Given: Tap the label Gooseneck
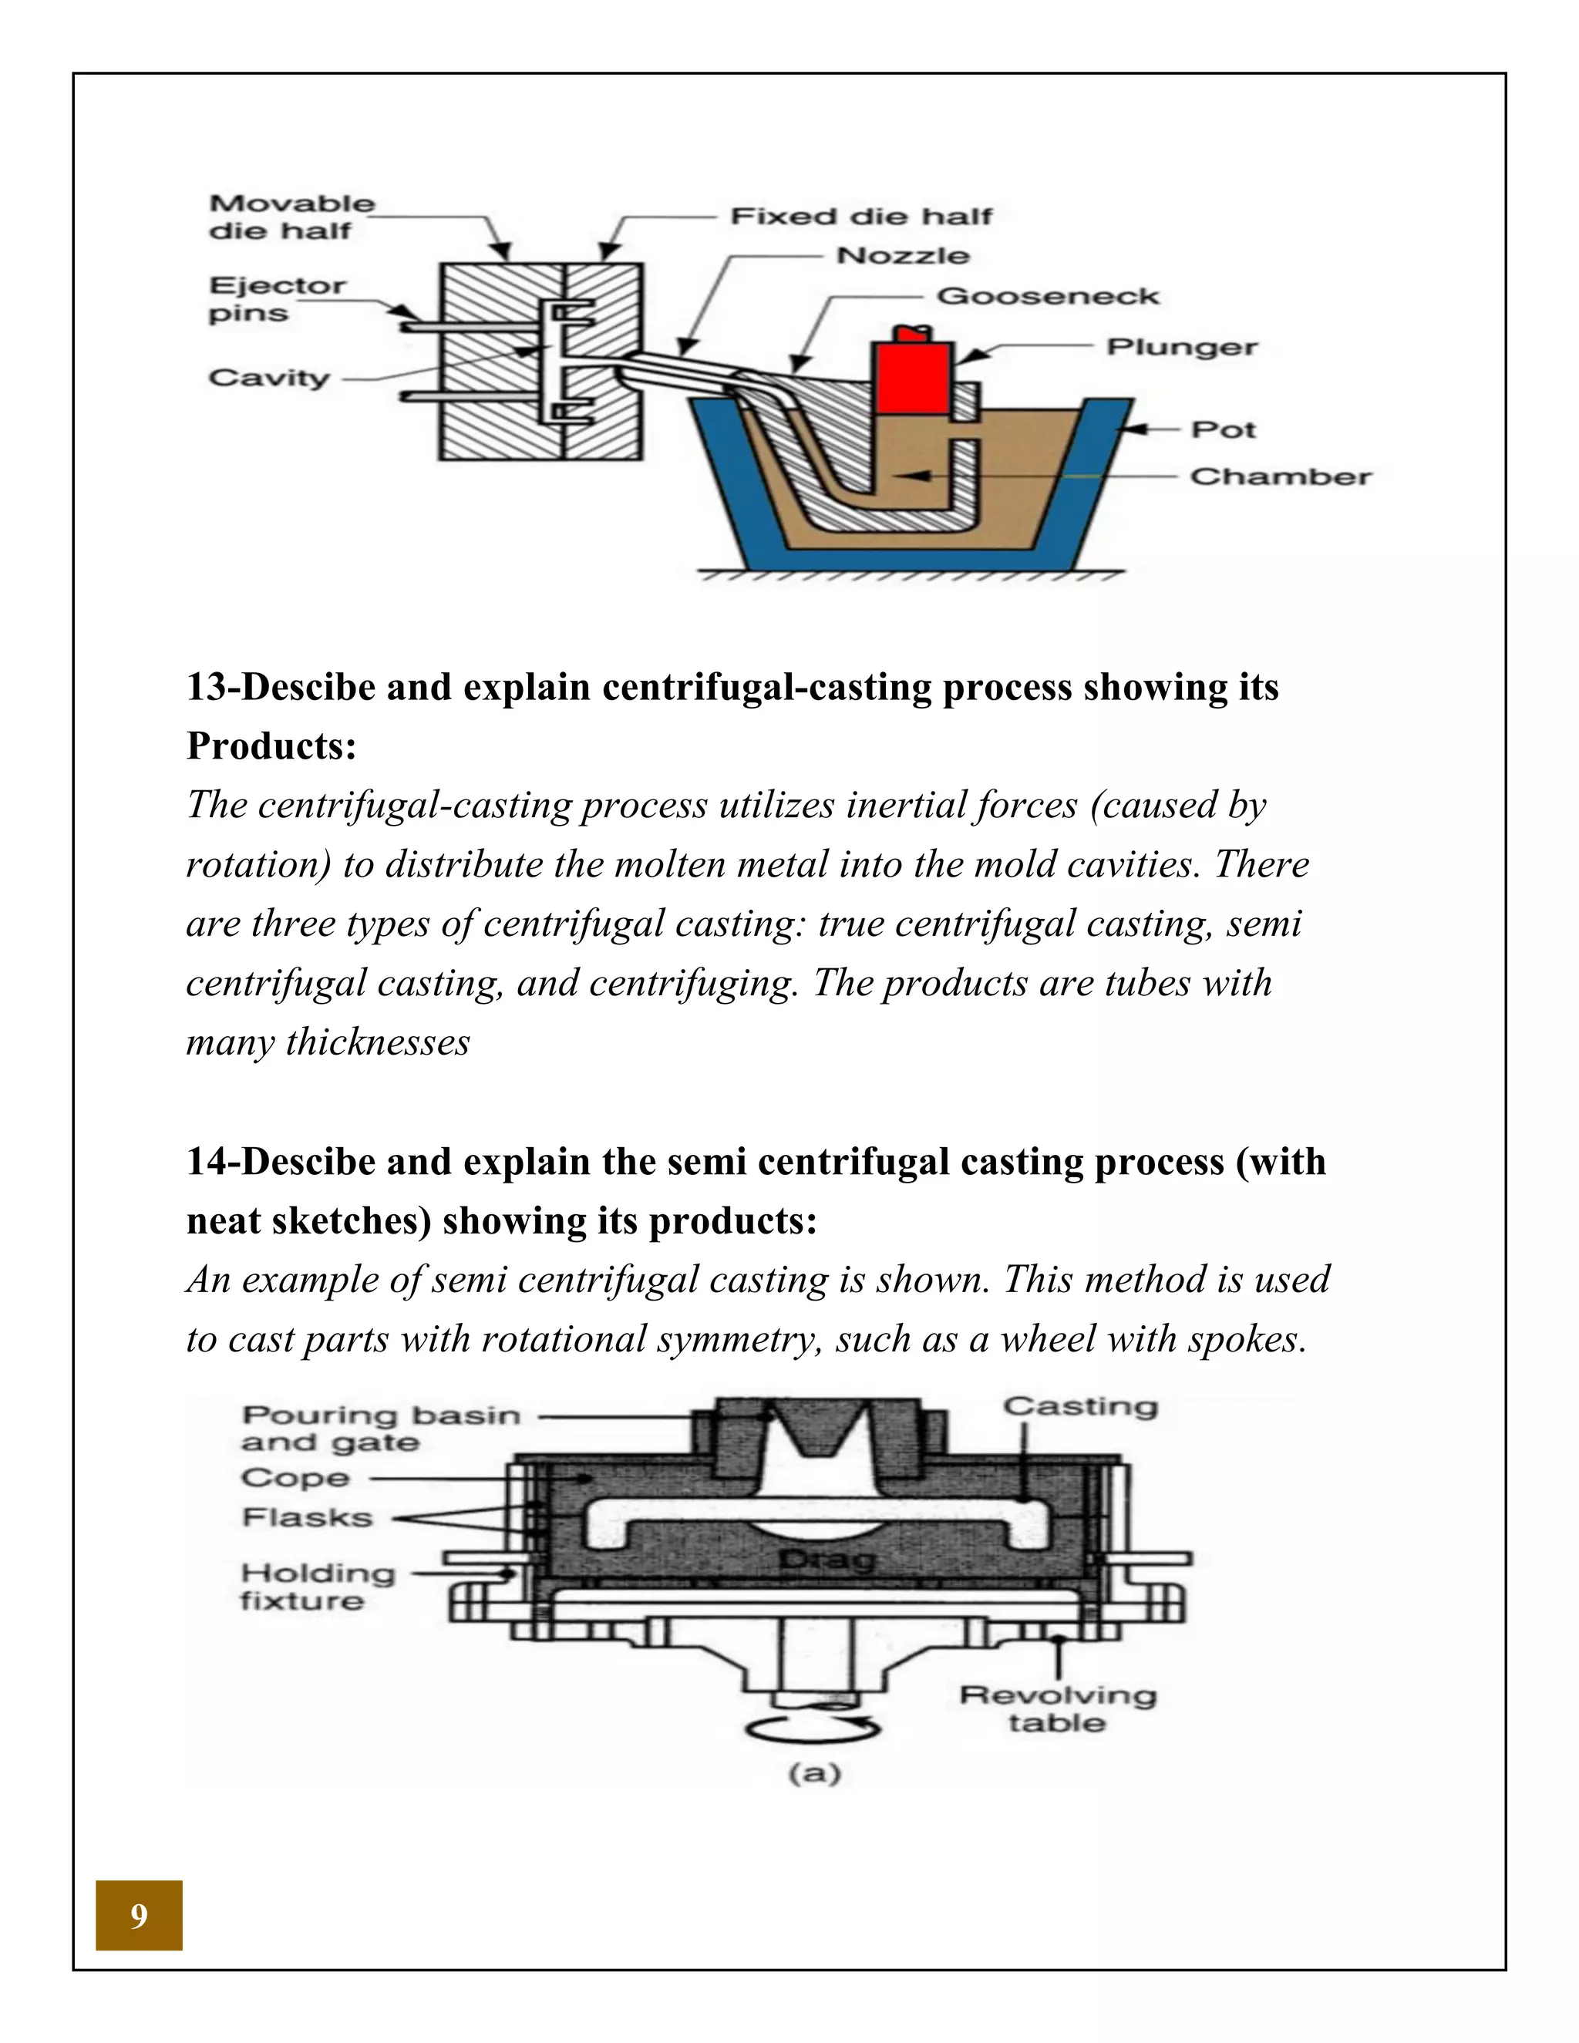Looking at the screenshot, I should click(x=1047, y=297).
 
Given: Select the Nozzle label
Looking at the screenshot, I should click(x=902, y=255).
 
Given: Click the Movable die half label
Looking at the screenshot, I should click(x=291, y=217).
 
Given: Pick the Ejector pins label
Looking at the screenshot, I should click(x=276, y=298).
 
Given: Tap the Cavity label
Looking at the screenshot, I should click(x=269, y=378).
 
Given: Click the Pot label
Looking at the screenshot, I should click(x=1223, y=429).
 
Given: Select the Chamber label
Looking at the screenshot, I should click(x=1280, y=476).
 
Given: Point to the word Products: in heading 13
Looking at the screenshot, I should click(x=271, y=746).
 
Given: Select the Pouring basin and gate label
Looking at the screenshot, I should click(x=379, y=1429).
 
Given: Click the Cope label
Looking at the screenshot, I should click(x=295, y=1479).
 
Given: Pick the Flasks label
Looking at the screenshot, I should click(x=307, y=1517).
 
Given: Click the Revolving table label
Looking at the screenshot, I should click(x=1057, y=1709).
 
